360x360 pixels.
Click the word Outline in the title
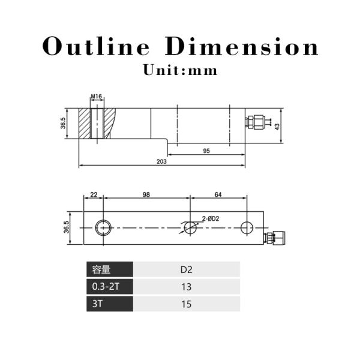[x=96, y=46]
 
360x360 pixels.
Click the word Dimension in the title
[x=242, y=46]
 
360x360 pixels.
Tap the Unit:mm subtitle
[x=180, y=70]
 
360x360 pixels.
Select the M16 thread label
[x=97, y=97]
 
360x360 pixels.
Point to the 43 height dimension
[x=277, y=127]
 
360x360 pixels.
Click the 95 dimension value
[x=206, y=151]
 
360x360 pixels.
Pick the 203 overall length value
[x=161, y=161]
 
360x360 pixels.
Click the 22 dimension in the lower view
[x=94, y=194]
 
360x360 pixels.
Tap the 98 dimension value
[x=146, y=194]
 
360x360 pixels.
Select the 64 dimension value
[x=218, y=194]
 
